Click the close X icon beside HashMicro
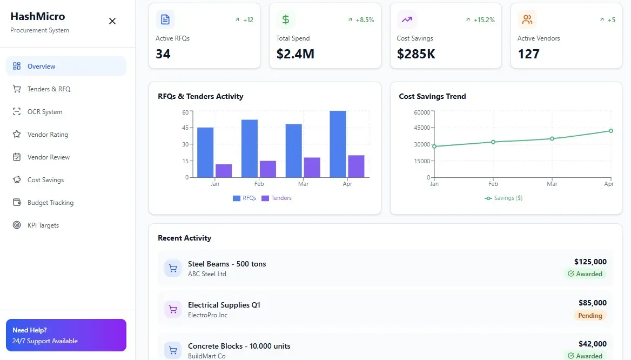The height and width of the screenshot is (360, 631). coord(112,21)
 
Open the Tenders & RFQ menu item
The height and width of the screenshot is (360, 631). coord(49,89)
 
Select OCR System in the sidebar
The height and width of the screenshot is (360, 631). coord(45,112)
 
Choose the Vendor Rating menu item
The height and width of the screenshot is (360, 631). coord(48,135)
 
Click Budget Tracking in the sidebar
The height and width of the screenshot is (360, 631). coord(50,203)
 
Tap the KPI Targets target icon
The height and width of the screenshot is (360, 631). coord(17,225)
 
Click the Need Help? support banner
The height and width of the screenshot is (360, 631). coord(66,335)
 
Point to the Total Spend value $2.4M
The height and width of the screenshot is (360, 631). coord(295,54)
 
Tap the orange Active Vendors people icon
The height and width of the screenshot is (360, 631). coord(527,20)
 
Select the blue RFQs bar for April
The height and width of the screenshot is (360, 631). coord(338,144)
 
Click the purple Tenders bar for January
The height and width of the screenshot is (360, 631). coord(224,171)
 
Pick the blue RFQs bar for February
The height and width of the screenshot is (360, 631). coord(250,148)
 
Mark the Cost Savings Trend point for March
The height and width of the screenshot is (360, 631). coord(552,138)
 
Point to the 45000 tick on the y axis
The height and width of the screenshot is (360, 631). coord(421,128)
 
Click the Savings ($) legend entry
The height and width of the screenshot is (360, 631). coord(504,198)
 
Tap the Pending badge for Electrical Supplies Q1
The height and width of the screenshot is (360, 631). coord(590,316)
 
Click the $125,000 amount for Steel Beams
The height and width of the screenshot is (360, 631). coord(590,262)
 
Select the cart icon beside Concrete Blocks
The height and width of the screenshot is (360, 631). coord(173,350)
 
